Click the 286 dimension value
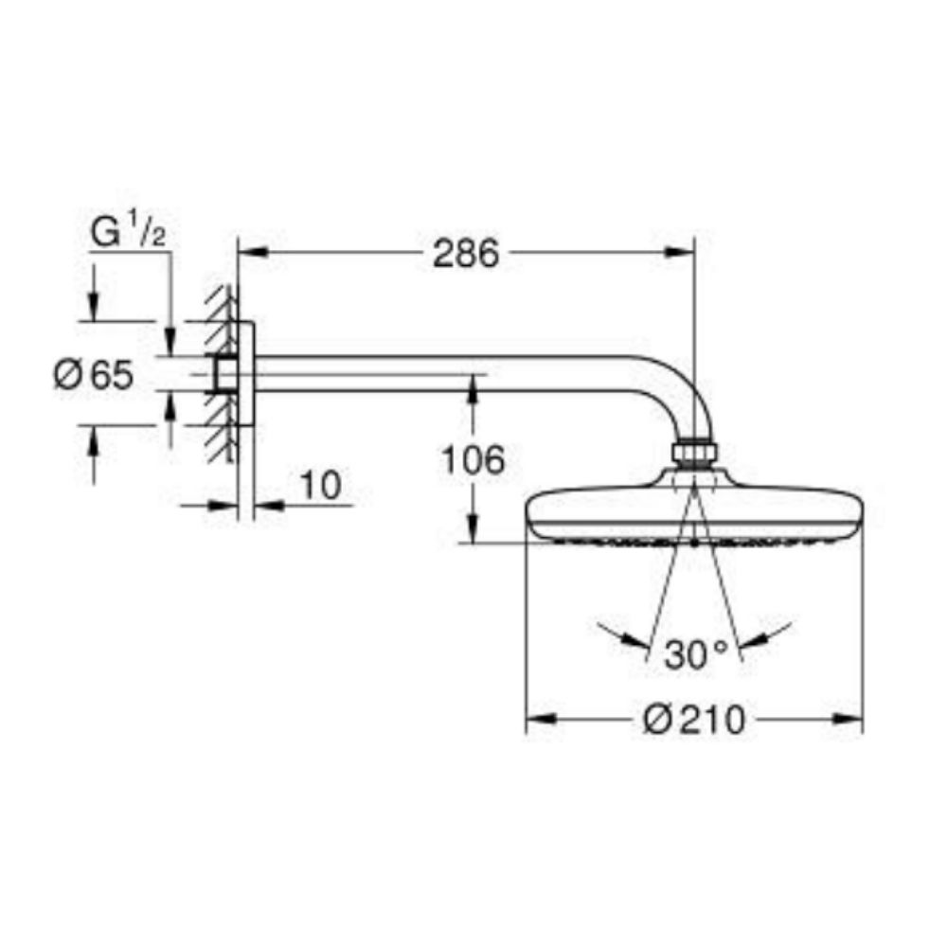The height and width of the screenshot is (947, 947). click(x=465, y=253)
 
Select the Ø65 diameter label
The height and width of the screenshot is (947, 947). click(x=93, y=376)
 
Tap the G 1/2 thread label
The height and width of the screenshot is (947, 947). click(x=128, y=233)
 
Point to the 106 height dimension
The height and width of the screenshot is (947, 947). click(x=473, y=460)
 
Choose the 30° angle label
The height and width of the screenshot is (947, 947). click(x=694, y=655)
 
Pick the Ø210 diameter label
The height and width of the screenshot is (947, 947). click(x=693, y=721)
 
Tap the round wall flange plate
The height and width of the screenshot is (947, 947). click(x=245, y=373)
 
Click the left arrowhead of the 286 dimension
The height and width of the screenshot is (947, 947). click(x=249, y=252)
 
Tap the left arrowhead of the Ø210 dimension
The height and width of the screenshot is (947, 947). click(x=539, y=719)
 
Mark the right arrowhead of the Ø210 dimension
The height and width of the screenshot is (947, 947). click(x=850, y=719)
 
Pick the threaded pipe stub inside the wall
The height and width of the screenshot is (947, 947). click(x=226, y=374)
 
